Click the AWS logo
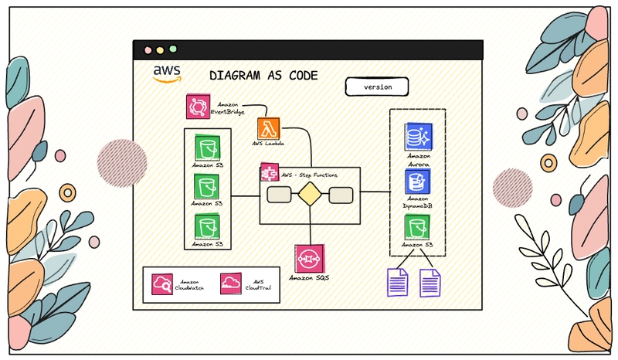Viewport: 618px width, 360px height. tap(167, 73)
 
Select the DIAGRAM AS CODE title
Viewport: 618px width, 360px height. tap(263, 76)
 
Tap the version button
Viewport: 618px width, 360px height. tap(378, 87)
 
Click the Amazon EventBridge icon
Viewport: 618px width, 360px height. tap(199, 107)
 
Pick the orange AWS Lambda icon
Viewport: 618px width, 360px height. tap(268, 128)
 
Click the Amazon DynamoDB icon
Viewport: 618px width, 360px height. tap(418, 182)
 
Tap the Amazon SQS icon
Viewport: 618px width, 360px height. tap(309, 257)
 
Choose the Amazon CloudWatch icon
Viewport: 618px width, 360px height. tap(164, 284)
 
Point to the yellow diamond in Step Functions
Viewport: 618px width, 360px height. tap(309, 195)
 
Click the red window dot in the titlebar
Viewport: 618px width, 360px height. tap(146, 49)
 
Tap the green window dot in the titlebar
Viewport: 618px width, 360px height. tap(172, 49)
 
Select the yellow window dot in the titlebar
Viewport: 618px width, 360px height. tap(159, 49)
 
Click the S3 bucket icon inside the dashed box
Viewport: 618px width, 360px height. tap(417, 227)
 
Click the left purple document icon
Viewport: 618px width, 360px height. tap(397, 281)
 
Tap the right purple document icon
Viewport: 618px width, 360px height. tap(430, 281)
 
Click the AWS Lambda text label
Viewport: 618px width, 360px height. tap(268, 144)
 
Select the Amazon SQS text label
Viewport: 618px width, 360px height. tap(309, 277)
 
